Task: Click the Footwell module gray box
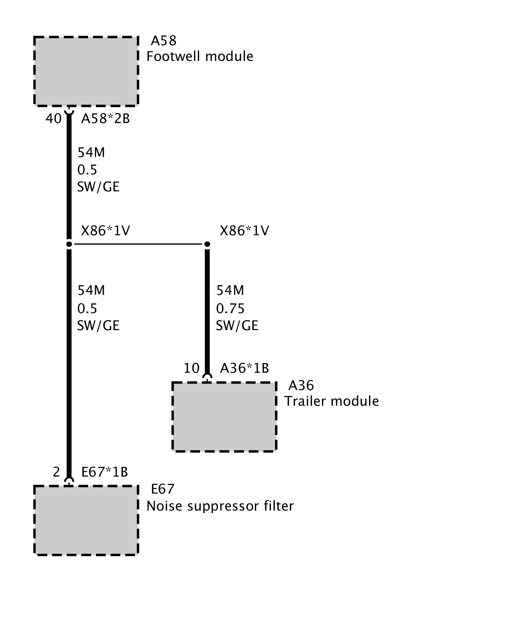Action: (x=86, y=71)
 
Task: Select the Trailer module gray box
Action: (x=224, y=416)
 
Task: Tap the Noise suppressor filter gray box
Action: (x=86, y=520)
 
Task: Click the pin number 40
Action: (x=53, y=119)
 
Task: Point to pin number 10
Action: (x=191, y=368)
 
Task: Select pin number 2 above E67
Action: (x=56, y=472)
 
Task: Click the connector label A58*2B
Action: (x=105, y=119)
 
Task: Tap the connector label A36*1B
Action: (x=244, y=368)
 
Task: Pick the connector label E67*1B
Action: (x=105, y=472)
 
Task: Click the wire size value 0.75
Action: (x=230, y=308)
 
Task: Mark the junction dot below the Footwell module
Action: (x=69, y=245)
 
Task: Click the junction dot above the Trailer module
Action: (x=207, y=245)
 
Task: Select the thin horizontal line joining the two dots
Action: (x=138, y=244)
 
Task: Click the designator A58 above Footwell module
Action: (x=164, y=41)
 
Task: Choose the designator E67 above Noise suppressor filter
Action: (x=163, y=489)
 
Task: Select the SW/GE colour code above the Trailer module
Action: (x=237, y=326)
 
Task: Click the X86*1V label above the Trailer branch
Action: (x=244, y=230)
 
